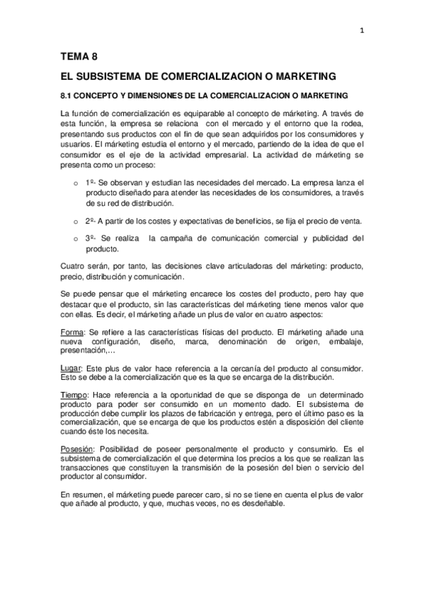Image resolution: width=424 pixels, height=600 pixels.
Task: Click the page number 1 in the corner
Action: click(362, 30)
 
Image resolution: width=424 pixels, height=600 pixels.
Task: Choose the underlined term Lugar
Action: click(71, 368)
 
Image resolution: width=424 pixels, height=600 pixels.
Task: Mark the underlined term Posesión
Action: click(76, 449)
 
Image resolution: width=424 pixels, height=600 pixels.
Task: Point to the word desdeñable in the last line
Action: click(263, 503)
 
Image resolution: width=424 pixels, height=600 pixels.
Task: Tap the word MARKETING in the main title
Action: click(302, 76)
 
